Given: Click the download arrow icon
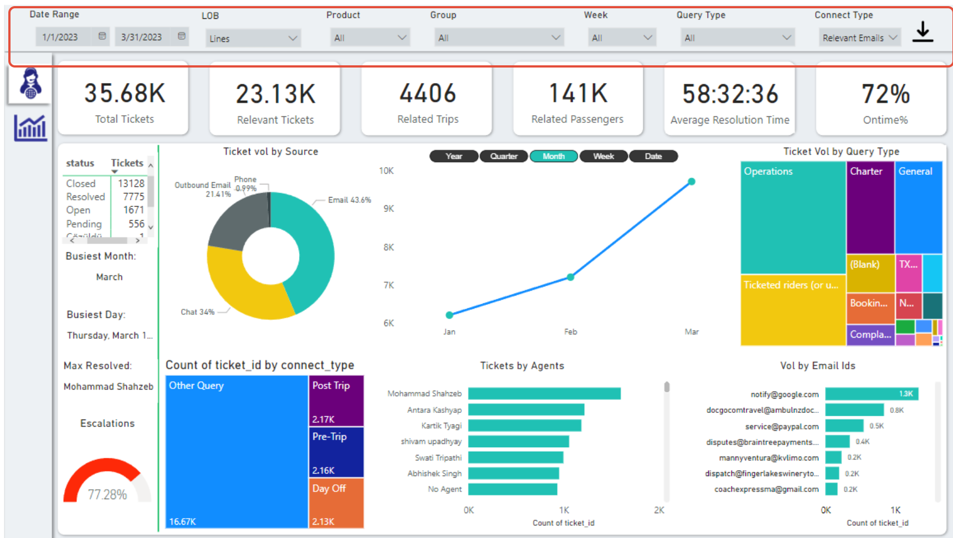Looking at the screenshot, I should click(923, 32).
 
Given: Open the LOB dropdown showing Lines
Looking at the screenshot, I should click(253, 38).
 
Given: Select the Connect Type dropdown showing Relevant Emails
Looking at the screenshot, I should click(859, 38).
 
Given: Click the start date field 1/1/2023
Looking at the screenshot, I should click(61, 37).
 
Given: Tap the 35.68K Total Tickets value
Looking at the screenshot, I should click(125, 93).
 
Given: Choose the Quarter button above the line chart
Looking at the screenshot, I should click(503, 156).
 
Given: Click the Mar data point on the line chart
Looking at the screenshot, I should click(691, 182).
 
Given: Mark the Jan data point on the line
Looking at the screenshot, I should click(449, 315).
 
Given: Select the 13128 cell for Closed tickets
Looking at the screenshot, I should click(131, 183).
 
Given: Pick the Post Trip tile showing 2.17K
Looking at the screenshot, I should click(336, 401).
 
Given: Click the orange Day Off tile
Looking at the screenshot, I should click(336, 502).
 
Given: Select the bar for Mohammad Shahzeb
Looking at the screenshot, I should click(544, 394).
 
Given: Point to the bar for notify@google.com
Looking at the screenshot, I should click(871, 394).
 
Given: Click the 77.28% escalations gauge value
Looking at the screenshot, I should click(107, 494).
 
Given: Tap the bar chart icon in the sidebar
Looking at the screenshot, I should click(30, 128).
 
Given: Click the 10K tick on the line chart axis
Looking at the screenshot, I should click(386, 171).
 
